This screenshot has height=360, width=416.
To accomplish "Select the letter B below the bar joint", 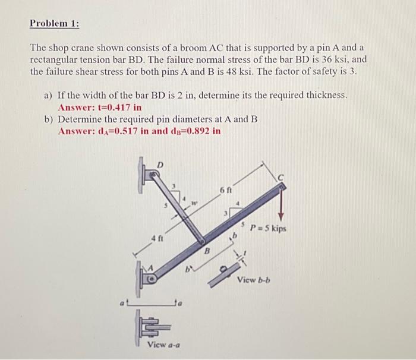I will pos(207,251).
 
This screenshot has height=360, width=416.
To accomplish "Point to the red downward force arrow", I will pos(281,205).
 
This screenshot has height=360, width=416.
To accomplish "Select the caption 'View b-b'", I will pos(253,280).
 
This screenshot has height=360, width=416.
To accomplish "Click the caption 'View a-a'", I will pos(163,345).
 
